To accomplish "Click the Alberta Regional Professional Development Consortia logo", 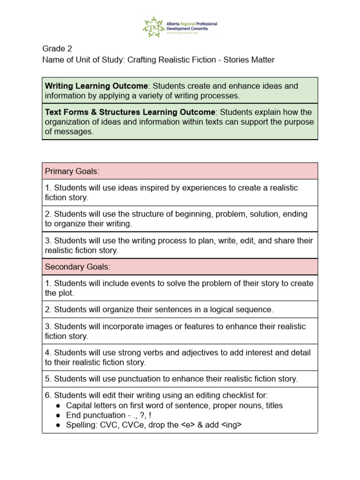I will click(x=180, y=27).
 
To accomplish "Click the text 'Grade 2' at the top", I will click(x=57, y=48).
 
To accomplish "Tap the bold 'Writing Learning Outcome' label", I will click(x=96, y=86).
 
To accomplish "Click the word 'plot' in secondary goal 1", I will click(x=66, y=293).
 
